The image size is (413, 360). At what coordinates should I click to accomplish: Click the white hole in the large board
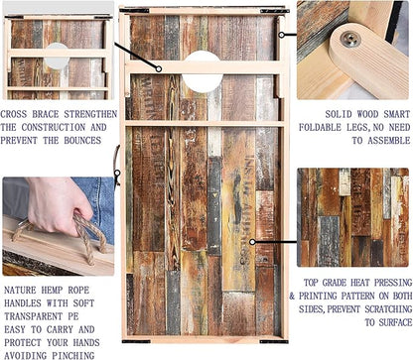coord(203,71)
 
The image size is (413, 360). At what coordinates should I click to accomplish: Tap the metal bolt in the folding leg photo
coord(350,39)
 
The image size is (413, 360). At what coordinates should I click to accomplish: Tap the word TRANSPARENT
coord(33,316)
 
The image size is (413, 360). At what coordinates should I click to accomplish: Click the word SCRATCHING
coord(388,309)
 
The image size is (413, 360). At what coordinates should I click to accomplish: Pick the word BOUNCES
coord(82,141)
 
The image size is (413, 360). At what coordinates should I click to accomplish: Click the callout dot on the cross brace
coord(159,68)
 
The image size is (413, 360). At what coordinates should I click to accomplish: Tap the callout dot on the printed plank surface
coord(252,242)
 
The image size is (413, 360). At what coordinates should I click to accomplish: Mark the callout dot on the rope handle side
coord(117,173)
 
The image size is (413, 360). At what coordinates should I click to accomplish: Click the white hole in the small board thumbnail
coord(57,56)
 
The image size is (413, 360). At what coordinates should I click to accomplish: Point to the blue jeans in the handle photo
coord(95,207)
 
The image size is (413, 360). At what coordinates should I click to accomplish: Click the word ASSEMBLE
coord(389,141)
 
